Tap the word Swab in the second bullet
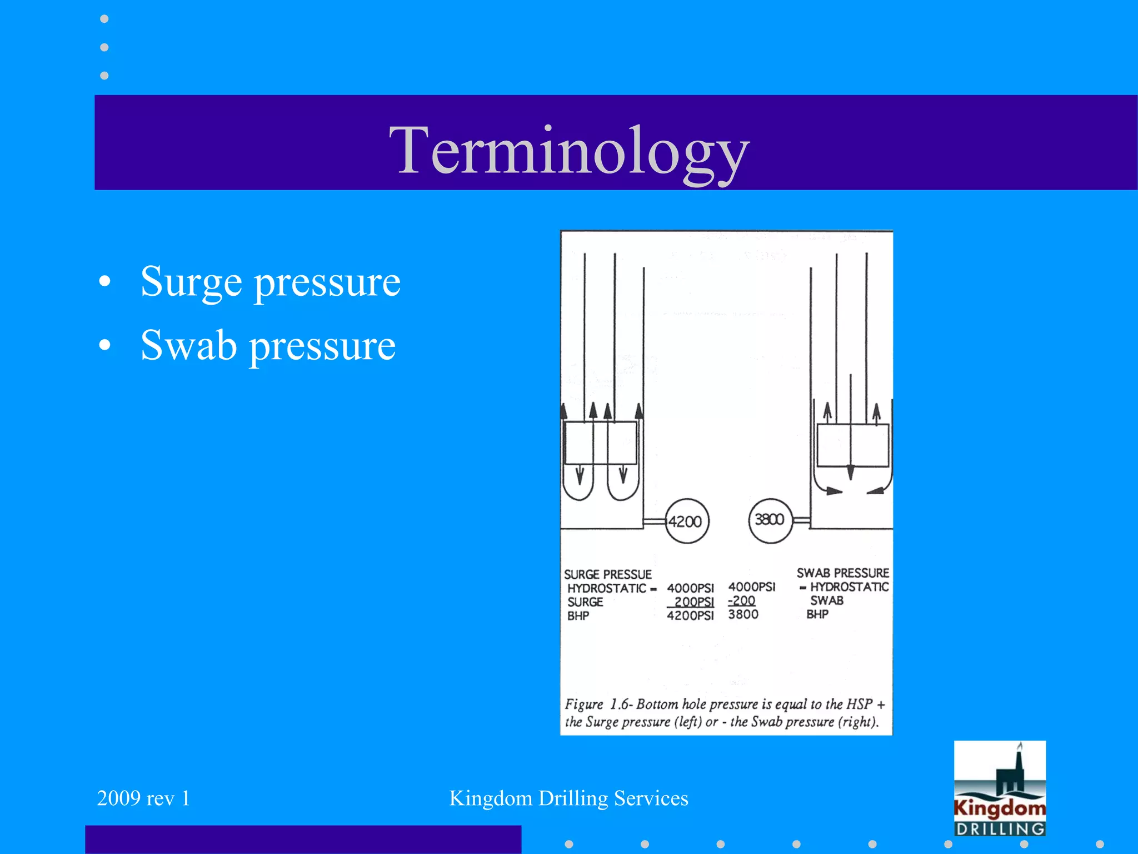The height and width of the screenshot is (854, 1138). pos(188,345)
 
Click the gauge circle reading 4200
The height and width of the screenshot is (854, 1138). pos(686,521)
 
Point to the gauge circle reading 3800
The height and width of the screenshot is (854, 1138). pos(770,520)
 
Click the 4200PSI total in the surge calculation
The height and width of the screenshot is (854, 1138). pos(690,615)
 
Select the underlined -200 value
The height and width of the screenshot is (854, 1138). pos(742,600)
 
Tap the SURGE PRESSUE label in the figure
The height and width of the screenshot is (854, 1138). pos(607,574)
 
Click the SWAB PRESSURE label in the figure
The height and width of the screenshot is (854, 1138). pos(842,573)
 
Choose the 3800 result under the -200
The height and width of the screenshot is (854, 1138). pos(743,614)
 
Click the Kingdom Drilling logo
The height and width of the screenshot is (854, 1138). pos(999,788)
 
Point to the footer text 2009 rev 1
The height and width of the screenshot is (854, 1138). pos(143,798)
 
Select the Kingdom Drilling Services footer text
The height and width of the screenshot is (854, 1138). pos(568,798)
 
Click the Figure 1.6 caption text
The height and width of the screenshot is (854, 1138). pos(724,713)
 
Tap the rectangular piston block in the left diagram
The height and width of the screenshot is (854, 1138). pos(600,443)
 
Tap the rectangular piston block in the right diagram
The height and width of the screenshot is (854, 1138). pos(852,445)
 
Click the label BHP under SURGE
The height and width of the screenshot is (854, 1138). pos(578,616)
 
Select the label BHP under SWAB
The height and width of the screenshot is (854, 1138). pos(817,614)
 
